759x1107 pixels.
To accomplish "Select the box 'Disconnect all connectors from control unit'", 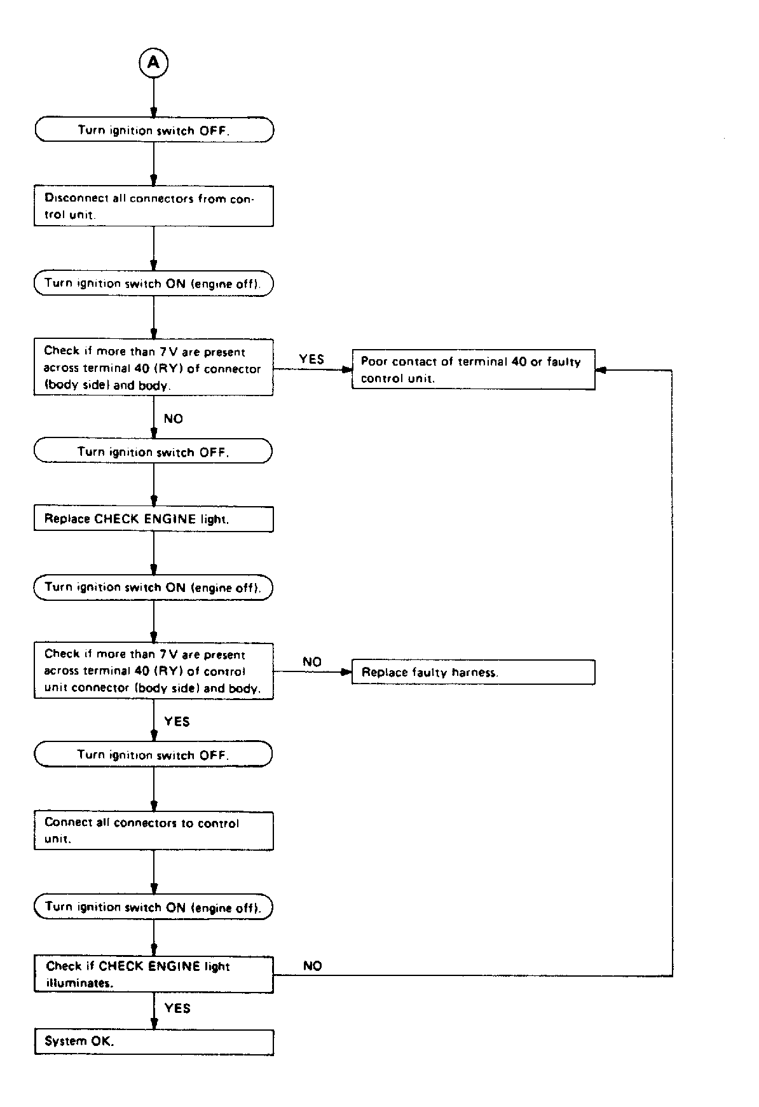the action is (x=154, y=206).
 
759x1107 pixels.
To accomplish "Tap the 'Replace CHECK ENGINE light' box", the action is (x=154, y=519).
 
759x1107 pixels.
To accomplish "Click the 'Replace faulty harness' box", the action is (x=474, y=672).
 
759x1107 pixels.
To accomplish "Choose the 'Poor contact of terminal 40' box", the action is (x=474, y=369).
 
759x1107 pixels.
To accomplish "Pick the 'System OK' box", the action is (x=154, y=1042).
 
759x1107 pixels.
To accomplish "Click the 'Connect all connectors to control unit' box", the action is (x=154, y=830).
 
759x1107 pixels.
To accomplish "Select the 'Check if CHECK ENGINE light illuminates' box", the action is (x=154, y=975).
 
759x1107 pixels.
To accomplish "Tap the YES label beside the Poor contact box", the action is (x=311, y=359).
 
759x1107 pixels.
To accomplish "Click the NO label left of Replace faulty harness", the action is (x=312, y=662).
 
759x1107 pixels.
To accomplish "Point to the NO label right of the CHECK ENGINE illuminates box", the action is (x=313, y=966).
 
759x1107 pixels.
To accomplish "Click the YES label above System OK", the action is (x=177, y=1008).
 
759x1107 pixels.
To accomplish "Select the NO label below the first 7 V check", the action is (x=174, y=418).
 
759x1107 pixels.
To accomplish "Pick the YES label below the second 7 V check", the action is (x=177, y=721).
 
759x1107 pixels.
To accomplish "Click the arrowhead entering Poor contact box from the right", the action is (x=601, y=369).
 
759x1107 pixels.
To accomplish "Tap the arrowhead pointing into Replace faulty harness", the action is (x=347, y=671).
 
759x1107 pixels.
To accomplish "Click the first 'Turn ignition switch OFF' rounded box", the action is (x=154, y=130).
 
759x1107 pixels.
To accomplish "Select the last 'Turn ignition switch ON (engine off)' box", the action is (x=154, y=907).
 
